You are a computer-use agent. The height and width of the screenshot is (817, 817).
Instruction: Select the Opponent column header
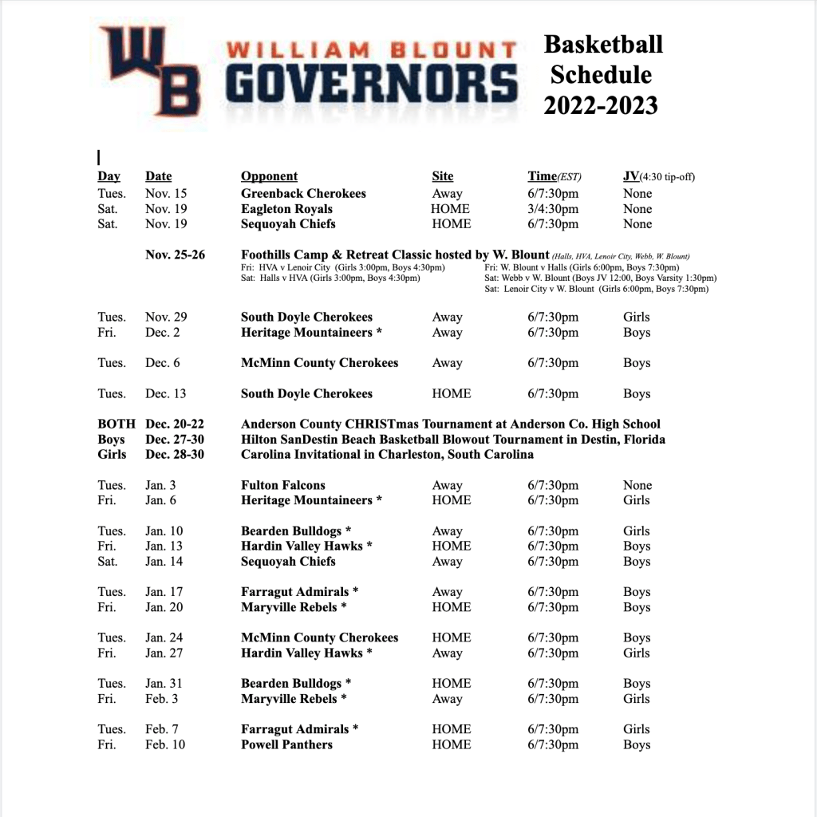[x=269, y=176]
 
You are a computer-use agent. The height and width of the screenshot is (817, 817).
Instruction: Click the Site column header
[x=442, y=176]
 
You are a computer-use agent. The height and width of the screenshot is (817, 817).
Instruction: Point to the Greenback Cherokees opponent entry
[x=303, y=194]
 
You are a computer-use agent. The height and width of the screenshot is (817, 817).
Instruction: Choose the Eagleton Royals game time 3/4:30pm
[x=553, y=209]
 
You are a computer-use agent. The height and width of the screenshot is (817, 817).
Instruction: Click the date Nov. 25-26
[x=175, y=255]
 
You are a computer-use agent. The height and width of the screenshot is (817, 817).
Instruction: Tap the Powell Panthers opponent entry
[x=286, y=744]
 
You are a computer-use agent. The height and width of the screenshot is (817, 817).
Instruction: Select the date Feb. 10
[x=165, y=744]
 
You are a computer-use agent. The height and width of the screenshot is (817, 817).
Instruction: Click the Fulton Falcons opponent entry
[x=283, y=485]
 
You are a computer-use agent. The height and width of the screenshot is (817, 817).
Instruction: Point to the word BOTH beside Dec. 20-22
[x=116, y=424]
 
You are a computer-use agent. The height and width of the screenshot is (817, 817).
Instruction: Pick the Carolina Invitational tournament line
[x=387, y=455]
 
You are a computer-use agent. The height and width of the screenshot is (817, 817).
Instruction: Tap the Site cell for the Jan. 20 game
[x=451, y=607]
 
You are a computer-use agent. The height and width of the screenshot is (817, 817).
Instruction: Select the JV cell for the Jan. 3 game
[x=637, y=485]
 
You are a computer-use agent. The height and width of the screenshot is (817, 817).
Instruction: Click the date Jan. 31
[x=164, y=684]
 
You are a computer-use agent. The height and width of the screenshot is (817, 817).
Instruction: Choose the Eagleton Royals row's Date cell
[x=166, y=209]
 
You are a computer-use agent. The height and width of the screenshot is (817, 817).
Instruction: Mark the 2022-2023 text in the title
[x=601, y=105]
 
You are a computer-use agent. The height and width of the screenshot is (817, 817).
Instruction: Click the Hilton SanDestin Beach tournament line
[x=452, y=440]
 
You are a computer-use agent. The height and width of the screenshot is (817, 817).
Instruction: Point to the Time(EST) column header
[x=555, y=176]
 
